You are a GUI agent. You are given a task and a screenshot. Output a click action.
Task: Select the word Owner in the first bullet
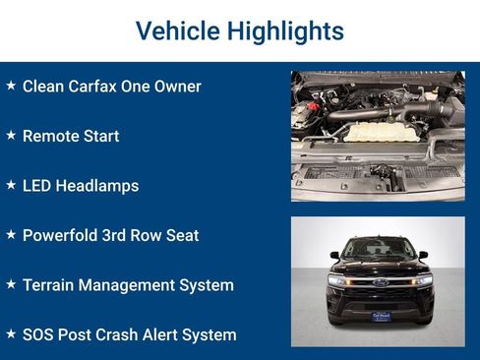[178, 87]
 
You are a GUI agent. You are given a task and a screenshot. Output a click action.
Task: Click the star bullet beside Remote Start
[11, 135]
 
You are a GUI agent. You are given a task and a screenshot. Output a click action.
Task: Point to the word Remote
[50, 136]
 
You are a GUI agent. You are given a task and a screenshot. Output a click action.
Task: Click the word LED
[38, 186]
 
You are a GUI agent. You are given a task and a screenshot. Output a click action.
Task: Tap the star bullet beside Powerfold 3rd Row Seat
[11, 235]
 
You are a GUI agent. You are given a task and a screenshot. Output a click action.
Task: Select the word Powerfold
[64, 236]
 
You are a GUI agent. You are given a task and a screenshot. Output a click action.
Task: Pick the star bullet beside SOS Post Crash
[11, 334]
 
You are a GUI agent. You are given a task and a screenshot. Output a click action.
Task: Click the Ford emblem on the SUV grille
[379, 282]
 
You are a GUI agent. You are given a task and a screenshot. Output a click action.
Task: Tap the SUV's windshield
[379, 249]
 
